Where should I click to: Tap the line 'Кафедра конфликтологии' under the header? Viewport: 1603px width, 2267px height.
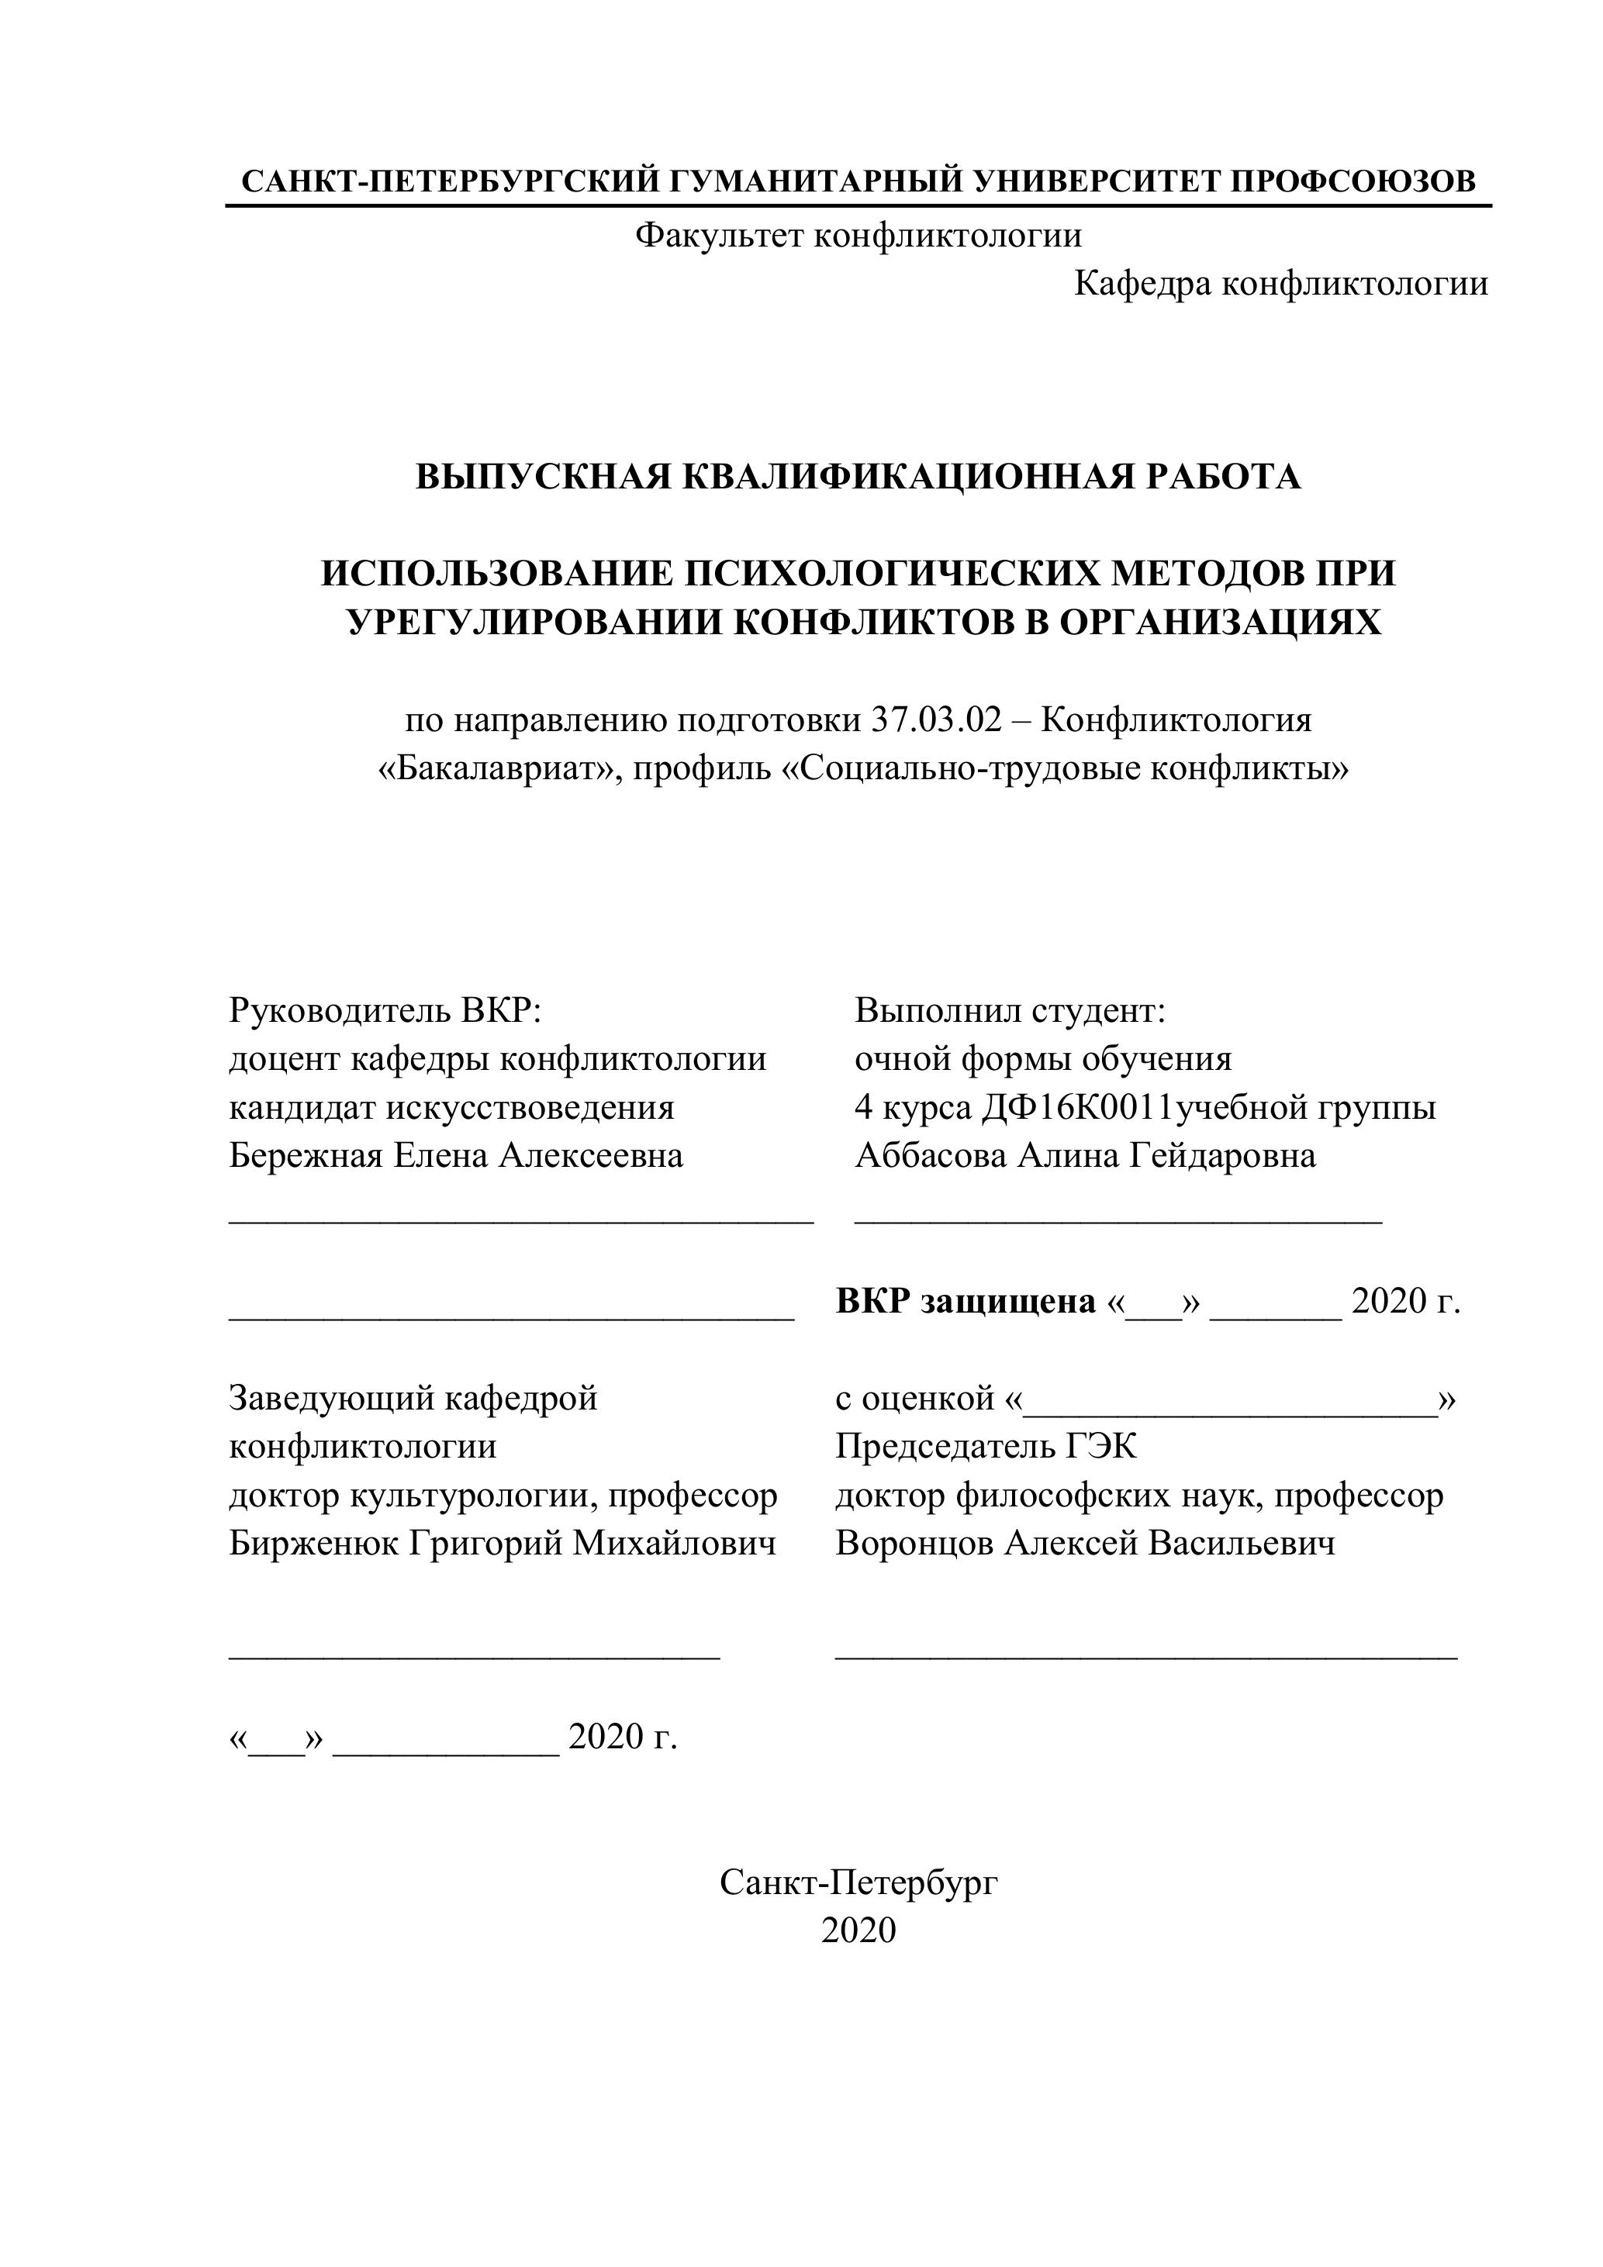click(1280, 285)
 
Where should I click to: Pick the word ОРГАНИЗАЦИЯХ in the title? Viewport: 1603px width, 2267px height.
click(1220, 622)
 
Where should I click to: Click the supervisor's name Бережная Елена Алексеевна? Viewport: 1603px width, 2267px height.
click(456, 1155)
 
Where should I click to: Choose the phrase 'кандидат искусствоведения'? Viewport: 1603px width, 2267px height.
click(451, 1107)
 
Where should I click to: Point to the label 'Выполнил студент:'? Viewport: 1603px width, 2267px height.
click(1011, 1010)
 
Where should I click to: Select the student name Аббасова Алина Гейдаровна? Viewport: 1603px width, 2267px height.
click(1084, 1155)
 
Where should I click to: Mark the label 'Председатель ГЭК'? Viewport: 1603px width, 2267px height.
click(986, 1447)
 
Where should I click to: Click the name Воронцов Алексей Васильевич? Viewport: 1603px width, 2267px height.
click(1084, 1544)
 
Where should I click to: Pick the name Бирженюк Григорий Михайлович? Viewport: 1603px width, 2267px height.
click(502, 1544)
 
